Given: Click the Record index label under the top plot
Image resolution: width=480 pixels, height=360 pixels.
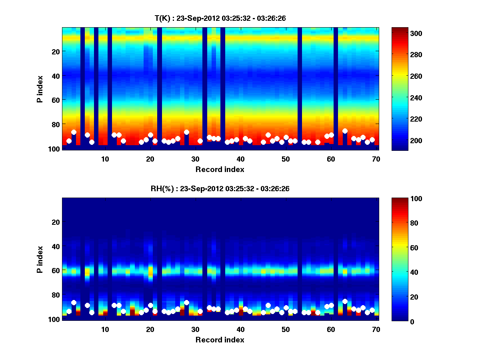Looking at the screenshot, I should click(220, 169).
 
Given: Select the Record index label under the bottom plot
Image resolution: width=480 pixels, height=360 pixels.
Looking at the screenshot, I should click(220, 340).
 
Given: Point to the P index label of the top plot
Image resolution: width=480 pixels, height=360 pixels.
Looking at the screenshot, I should click(40, 89).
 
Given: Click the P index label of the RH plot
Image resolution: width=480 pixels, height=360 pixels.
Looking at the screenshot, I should click(40, 259).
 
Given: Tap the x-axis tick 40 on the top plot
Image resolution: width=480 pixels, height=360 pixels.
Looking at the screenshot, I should click(240, 159).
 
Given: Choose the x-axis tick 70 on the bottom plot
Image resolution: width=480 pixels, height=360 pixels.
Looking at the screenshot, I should click(376, 329).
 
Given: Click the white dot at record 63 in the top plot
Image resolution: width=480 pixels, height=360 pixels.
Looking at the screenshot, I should click(345, 131).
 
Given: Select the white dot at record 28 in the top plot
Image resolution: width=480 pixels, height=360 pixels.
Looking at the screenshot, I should click(186, 132).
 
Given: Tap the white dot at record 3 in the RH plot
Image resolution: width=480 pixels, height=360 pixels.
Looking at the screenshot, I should click(74, 302).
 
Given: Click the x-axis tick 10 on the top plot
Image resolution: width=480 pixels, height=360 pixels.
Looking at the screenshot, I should click(105, 159).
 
